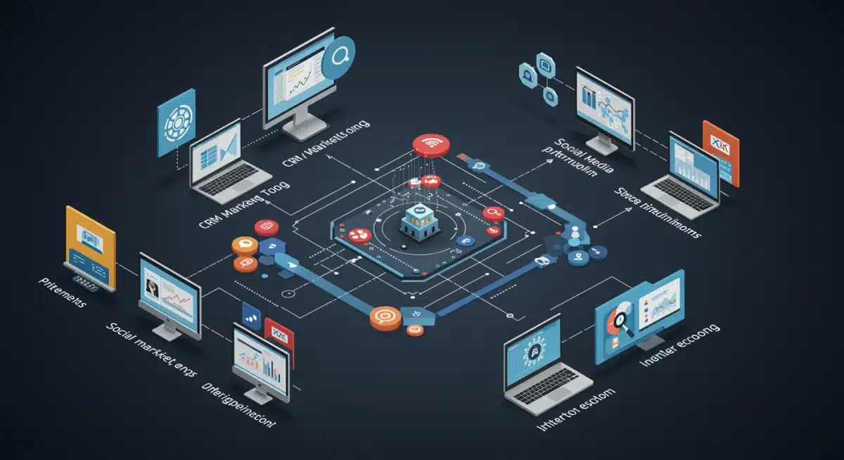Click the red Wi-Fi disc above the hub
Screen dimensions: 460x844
pyautogui.click(x=426, y=146)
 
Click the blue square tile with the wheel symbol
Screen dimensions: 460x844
pyautogui.click(x=175, y=122)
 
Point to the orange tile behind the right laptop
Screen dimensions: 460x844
pyautogui.click(x=720, y=153)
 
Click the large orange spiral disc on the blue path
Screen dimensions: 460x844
pyautogui.click(x=385, y=318)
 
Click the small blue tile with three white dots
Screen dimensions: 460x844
pyautogui.click(x=250, y=313)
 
